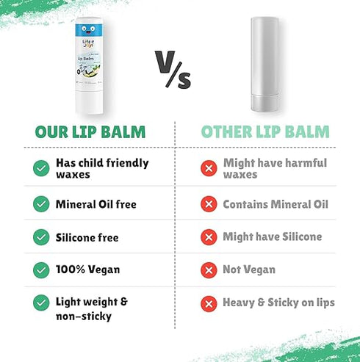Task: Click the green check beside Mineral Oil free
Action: point(40,203)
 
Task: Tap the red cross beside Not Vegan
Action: point(209,269)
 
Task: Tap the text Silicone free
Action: point(87,237)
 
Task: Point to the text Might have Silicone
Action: point(271,236)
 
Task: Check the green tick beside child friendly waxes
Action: point(40,168)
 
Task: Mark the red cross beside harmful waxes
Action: point(209,168)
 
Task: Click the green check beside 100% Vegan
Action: point(40,269)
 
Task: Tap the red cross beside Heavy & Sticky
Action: point(209,302)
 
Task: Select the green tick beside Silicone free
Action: point(40,236)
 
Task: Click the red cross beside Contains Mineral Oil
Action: point(209,203)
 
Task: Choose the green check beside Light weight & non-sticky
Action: point(40,302)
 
